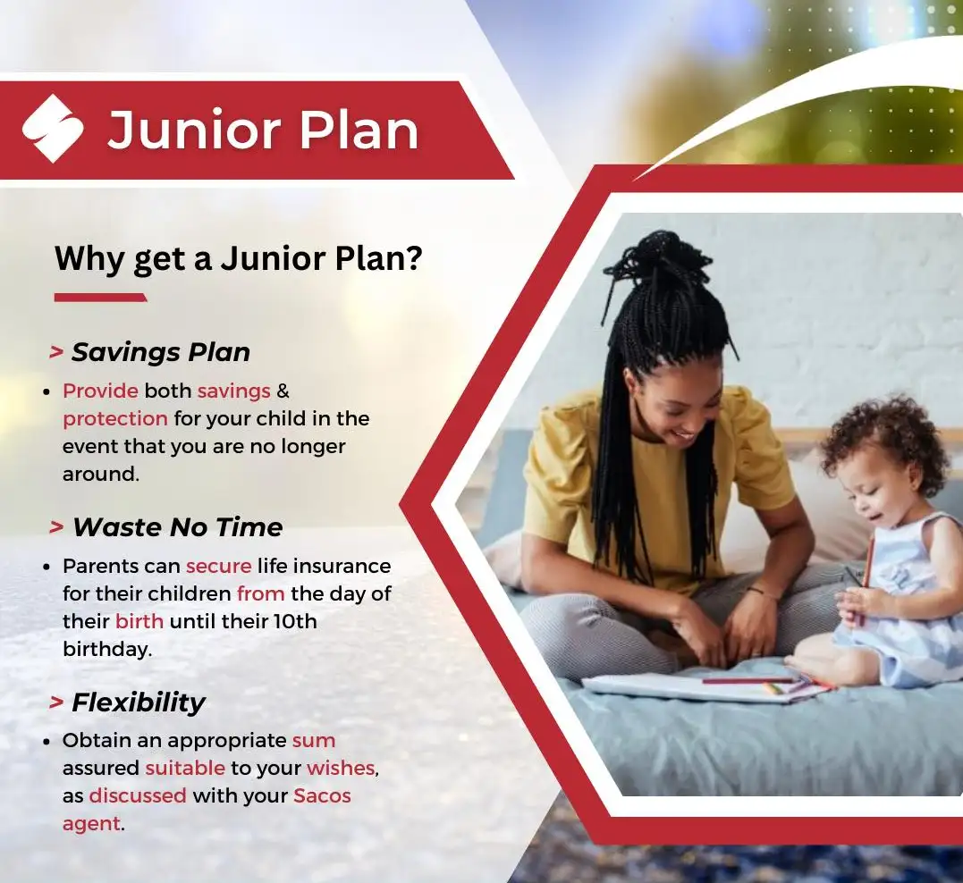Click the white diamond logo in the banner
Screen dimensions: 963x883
click(53, 129)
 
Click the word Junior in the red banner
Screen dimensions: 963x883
click(194, 130)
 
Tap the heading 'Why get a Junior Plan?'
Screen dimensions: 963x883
click(239, 258)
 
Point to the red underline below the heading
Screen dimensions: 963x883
click(101, 298)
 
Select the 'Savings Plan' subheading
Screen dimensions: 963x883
click(161, 352)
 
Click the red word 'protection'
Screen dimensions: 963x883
click(114, 419)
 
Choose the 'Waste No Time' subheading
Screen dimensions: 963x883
click(178, 527)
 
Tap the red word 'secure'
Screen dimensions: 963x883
click(219, 566)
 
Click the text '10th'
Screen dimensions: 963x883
click(295, 621)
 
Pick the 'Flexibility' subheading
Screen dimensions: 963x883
click(139, 702)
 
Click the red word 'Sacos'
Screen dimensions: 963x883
click(323, 795)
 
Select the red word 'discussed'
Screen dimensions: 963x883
click(138, 795)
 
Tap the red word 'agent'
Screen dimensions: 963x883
click(91, 824)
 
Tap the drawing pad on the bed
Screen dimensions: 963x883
click(706, 687)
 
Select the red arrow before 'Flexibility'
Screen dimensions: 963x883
click(56, 702)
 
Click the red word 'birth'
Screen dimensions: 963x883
click(139, 621)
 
